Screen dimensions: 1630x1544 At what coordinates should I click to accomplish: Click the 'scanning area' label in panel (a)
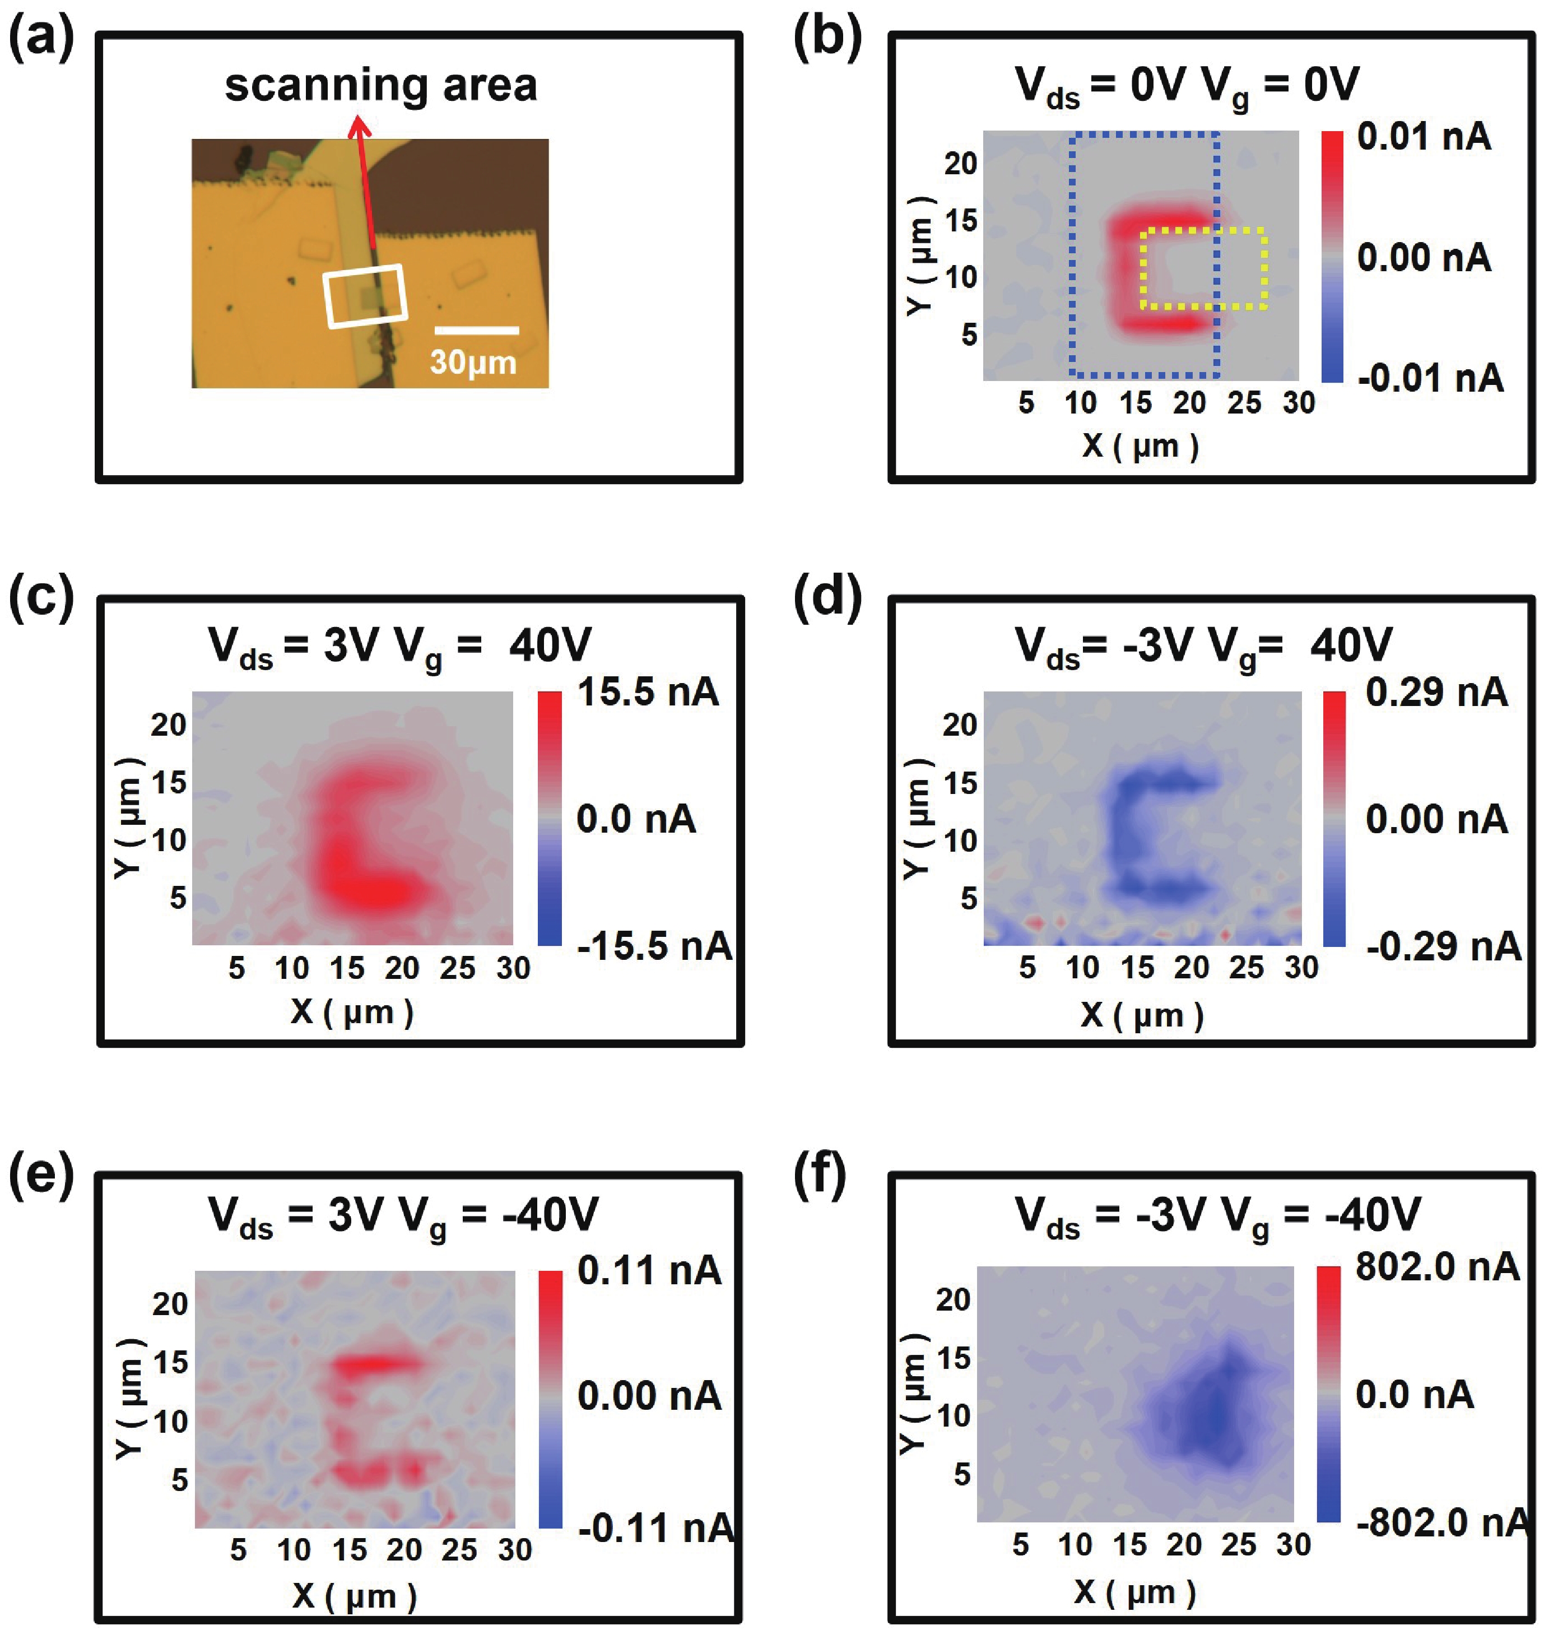[x=380, y=86]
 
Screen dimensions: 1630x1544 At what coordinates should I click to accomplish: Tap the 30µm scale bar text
[x=473, y=362]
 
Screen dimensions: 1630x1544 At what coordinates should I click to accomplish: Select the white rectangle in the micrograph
[x=365, y=296]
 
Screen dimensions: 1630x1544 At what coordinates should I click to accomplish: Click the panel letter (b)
[x=826, y=38]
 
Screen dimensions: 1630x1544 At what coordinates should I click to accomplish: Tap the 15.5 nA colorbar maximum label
[x=648, y=691]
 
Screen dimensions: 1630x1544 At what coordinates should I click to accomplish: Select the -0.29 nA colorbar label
[x=1443, y=947]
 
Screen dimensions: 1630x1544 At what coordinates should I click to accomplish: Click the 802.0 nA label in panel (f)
[x=1436, y=1266]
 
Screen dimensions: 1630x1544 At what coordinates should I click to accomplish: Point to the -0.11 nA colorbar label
[x=655, y=1528]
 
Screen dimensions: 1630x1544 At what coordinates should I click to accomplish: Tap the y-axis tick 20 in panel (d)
[x=960, y=725]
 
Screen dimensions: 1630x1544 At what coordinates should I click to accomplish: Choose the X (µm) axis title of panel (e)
[x=354, y=1596]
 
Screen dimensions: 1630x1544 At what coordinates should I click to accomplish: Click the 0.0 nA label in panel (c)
[x=635, y=820]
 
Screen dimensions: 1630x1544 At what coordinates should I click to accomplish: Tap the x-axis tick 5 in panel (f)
[x=1021, y=1545]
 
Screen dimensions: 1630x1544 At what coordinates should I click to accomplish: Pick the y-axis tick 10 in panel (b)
[x=960, y=277]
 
